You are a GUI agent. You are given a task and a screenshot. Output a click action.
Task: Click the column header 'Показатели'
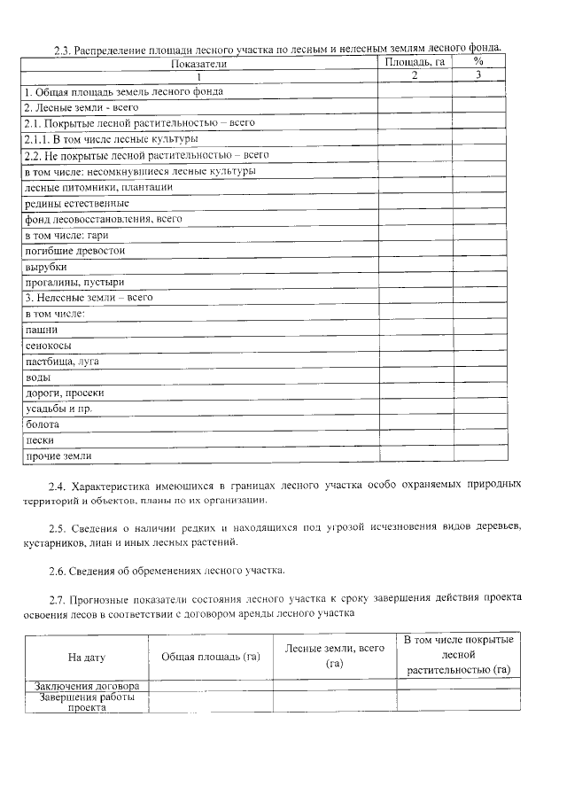(199, 64)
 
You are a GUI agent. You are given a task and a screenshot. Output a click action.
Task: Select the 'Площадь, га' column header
(415, 62)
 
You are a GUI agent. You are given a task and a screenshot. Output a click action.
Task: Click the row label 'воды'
(38, 378)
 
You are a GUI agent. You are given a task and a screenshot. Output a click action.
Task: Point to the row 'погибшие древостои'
(74, 251)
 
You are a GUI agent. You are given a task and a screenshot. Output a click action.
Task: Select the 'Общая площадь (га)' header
(210, 658)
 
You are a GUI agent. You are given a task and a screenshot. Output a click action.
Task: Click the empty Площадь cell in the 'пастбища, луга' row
(415, 362)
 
